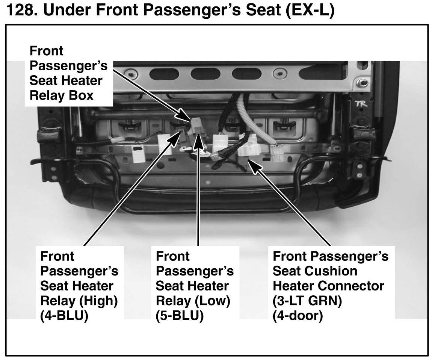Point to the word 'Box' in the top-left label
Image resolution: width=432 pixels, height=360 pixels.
tap(80, 95)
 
